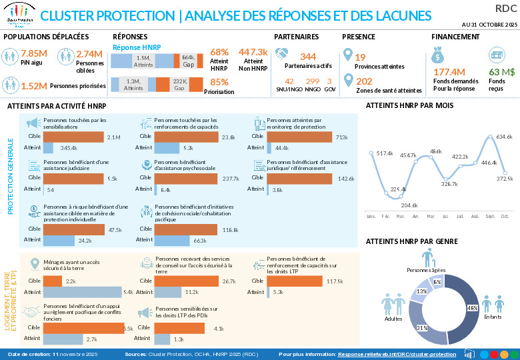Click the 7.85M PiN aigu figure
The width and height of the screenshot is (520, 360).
[x=33, y=53]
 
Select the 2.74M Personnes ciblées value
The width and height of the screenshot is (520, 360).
[x=89, y=53]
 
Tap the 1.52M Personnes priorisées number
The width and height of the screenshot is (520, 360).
[x=34, y=85]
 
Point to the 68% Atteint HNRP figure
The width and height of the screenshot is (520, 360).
[x=219, y=52]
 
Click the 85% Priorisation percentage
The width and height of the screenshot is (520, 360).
[x=219, y=82]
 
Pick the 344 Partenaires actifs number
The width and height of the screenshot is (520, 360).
[x=308, y=57]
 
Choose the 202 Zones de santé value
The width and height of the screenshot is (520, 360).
[x=364, y=81]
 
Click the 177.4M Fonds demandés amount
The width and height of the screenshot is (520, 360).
[x=449, y=71]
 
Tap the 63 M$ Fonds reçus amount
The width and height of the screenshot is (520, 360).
[x=502, y=71]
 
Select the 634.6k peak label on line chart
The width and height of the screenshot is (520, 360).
[x=504, y=137]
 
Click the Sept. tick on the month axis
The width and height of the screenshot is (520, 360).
[x=490, y=217]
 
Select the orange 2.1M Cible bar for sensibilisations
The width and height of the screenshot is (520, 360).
[x=74, y=137]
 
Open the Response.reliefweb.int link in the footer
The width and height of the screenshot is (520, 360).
[x=397, y=354]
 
